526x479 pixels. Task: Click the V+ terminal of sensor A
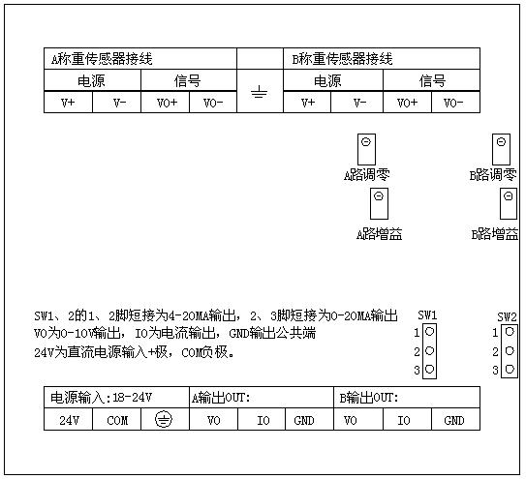68,102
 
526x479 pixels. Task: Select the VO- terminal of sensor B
455,102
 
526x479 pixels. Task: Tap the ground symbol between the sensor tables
260,92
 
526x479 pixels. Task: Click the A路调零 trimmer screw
366,142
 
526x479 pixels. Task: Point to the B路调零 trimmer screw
501,142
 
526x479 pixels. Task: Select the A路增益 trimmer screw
379,195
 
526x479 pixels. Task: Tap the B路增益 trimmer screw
509,195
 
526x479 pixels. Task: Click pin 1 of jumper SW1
430,332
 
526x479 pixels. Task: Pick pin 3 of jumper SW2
510,369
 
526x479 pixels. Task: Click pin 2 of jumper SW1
430,350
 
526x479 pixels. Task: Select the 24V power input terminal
69,419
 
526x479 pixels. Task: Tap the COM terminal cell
117,419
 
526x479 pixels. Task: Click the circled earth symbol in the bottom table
164,419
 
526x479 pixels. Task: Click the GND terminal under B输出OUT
455,419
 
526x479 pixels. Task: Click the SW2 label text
507,316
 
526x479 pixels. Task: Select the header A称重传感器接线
102,59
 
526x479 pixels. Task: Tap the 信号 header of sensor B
432,81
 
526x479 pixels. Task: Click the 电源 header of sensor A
91,81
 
